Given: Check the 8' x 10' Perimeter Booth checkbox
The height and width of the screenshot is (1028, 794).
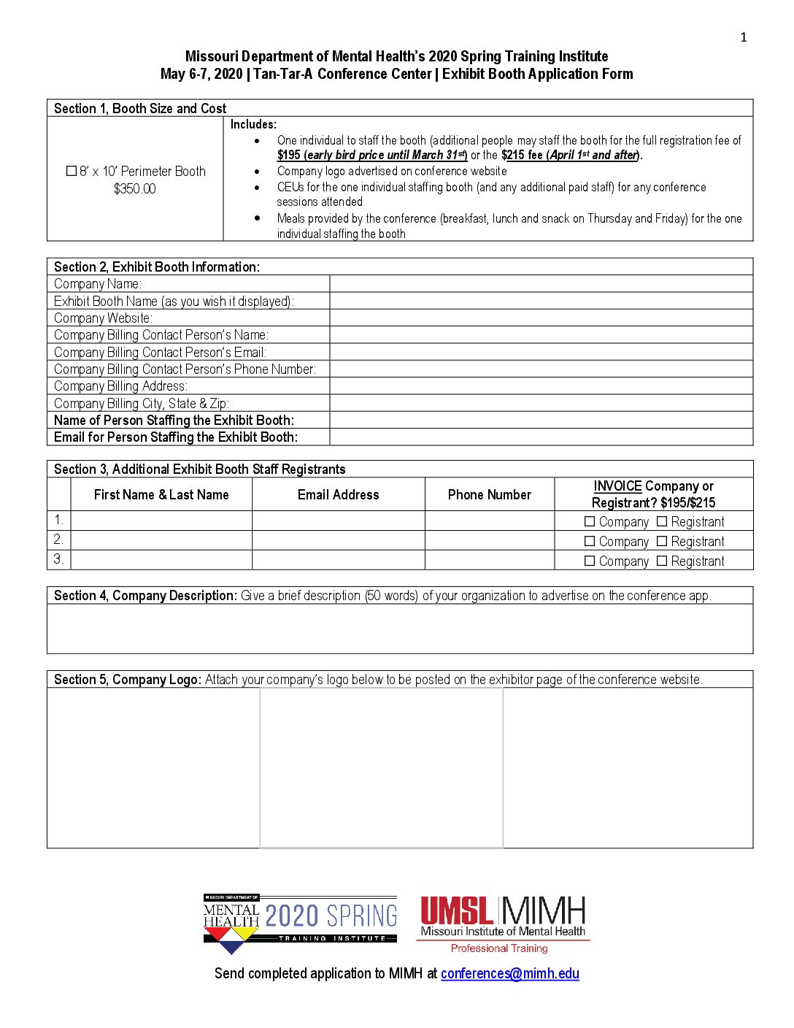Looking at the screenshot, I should [72, 172].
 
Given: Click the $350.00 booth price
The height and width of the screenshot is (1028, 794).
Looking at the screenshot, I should [135, 189].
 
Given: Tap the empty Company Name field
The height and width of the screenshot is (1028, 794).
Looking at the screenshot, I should [541, 284].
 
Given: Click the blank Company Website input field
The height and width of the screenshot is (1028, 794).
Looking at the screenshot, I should [541, 318].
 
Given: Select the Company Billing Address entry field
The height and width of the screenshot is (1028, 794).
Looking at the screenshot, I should [541, 386].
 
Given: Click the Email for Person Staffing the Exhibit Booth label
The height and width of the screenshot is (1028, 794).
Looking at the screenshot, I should [176, 437].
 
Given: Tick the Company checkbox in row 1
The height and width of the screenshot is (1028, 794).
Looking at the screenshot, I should [590, 522].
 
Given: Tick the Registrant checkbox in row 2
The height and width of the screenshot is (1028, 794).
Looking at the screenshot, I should [662, 542].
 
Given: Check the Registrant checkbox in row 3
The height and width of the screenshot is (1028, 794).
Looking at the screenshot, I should [662, 561].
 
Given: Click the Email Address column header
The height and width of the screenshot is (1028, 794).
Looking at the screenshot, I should [339, 495].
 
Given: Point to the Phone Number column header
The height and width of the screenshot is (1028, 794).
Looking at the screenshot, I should [490, 495].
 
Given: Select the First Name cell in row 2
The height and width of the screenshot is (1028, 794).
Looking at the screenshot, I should [161, 541].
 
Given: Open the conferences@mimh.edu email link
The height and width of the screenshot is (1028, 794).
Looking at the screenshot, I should [510, 974].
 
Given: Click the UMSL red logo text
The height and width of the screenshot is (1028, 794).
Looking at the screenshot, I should [457, 911].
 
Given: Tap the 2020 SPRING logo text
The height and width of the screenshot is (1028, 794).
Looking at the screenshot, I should [331, 916].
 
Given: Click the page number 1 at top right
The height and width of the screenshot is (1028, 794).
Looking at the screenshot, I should [744, 38].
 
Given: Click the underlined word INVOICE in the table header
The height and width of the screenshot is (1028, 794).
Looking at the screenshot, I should [617, 486].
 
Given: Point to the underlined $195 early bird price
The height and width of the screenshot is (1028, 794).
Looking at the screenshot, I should [289, 156].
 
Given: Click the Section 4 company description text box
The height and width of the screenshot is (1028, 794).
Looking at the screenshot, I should [400, 629].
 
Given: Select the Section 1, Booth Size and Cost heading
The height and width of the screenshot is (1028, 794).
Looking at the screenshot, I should [140, 109].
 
